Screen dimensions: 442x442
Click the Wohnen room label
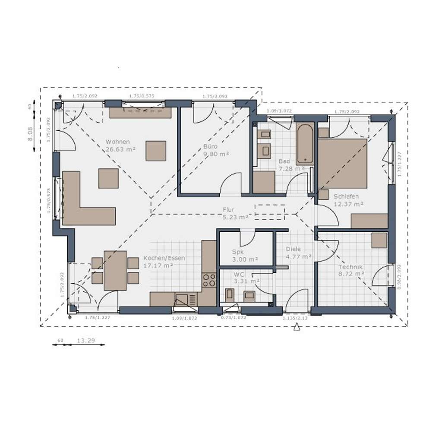tap(118, 142)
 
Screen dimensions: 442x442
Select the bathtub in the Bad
tap(305, 144)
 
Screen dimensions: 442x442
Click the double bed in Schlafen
tap(342, 163)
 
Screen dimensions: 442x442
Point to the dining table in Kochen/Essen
tap(115, 270)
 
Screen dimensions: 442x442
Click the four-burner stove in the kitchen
tap(209, 280)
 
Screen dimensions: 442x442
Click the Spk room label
tap(238, 252)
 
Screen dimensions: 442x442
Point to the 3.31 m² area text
tap(246, 281)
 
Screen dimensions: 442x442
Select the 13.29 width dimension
tap(85, 341)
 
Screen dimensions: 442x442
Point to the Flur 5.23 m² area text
tap(235, 217)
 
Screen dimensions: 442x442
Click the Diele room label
tap(293, 249)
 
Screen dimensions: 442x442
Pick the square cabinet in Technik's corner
tap(379, 240)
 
